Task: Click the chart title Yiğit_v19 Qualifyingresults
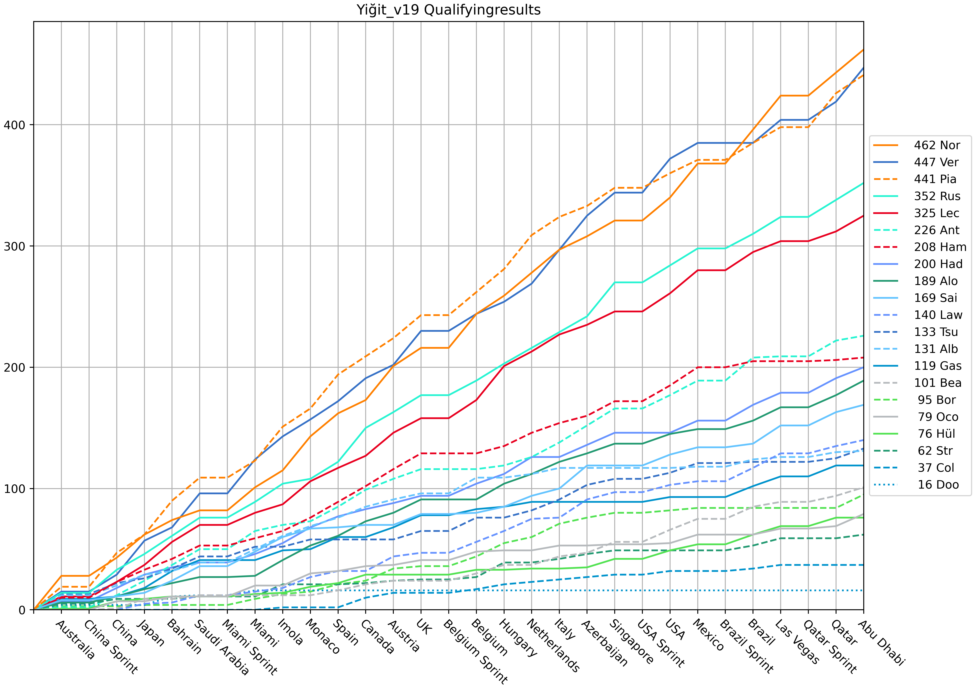tap(448, 10)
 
